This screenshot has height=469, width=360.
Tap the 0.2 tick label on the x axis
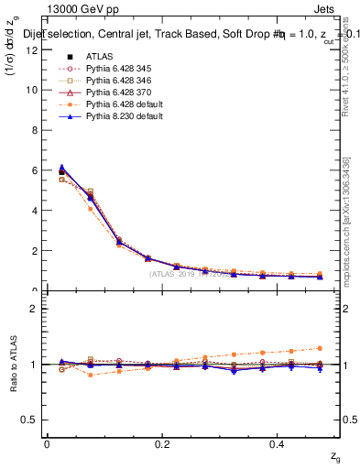coord(163,443)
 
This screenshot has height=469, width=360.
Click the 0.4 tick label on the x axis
coord(279,443)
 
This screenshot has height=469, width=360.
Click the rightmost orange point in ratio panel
coord(344,348)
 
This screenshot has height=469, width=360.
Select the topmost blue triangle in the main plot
coord(61,167)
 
